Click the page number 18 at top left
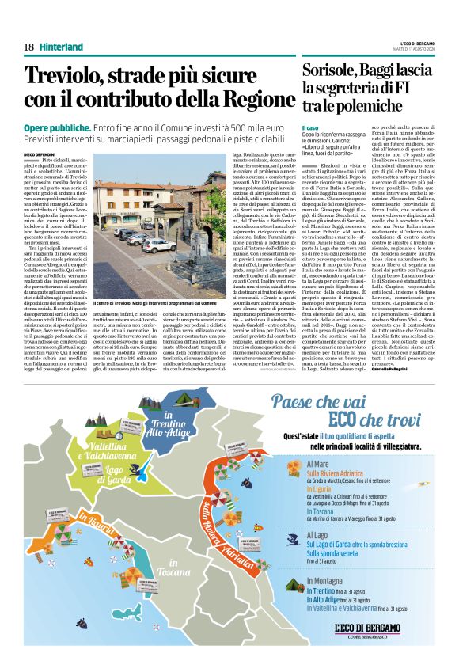(x=28, y=47)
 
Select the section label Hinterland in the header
(x=61, y=47)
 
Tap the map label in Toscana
(x=174, y=568)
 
